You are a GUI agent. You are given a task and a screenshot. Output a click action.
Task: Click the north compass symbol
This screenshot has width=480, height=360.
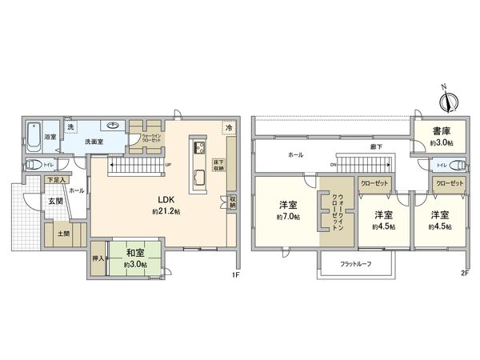(x=449, y=102)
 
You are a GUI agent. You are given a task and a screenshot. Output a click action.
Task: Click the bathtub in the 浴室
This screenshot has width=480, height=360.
(x=34, y=138)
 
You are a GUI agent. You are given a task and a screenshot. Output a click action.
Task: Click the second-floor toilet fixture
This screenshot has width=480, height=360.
(x=457, y=166)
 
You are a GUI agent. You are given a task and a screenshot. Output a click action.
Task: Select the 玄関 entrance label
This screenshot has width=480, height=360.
(x=55, y=201)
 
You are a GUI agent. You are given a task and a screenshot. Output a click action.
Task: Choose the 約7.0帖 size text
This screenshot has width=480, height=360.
(x=288, y=218)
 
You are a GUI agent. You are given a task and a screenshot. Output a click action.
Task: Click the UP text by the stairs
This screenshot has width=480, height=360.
(x=167, y=166)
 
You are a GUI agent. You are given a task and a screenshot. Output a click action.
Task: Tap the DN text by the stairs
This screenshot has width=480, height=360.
(x=333, y=166)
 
